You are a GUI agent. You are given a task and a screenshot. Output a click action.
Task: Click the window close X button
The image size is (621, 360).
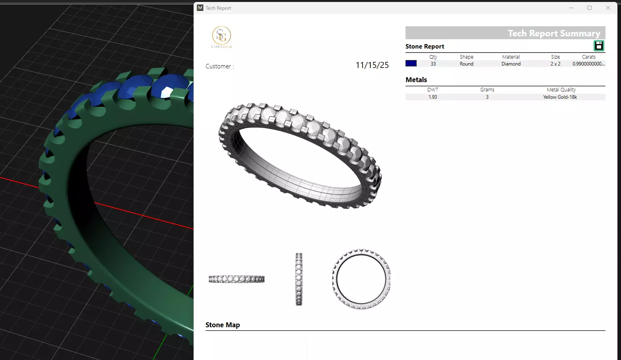coord(608,8)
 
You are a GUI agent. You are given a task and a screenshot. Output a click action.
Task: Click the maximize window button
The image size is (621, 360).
coord(589,8)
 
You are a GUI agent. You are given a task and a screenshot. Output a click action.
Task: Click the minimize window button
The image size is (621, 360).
coord(571,8)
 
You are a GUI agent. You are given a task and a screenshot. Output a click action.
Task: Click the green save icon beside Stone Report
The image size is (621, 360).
coord(599,46)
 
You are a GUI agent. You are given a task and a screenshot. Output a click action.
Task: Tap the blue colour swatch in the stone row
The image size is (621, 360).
coord(411,64)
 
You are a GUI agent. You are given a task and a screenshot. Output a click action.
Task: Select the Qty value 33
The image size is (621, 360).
coord(433,64)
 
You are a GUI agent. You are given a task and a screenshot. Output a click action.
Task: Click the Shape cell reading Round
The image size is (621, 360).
coord(466,64)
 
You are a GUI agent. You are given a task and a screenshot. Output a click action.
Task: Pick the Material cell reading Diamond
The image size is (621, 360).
coord(511,64)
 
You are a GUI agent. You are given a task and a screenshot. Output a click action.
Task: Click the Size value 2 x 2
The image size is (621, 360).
coord(555,64)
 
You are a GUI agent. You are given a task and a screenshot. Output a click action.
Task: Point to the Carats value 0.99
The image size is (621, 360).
coord(588,64)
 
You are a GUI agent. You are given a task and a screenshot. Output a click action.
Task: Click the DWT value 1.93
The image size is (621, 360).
coord(433,97)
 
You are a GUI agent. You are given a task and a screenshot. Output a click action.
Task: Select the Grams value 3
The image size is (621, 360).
coord(487,97)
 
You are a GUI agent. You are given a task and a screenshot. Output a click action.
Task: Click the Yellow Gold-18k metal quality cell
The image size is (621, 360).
coord(560,97)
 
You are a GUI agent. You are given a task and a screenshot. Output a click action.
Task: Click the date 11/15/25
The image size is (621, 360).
coord(372,65)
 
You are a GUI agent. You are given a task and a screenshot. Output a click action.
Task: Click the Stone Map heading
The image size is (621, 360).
coord(222,325)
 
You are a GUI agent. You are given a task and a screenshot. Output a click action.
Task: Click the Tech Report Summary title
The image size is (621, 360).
coord(553,33)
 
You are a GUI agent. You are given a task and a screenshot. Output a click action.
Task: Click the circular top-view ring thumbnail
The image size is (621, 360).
coord(361,279)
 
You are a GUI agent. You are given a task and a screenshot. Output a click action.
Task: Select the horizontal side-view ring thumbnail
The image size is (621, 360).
coord(237,279)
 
